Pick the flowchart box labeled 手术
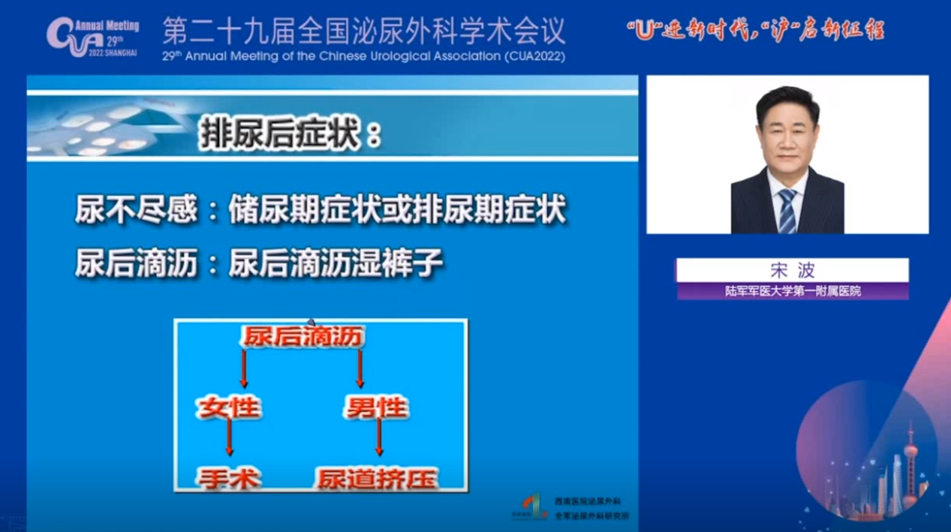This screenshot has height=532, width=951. pyautogui.click(x=229, y=478)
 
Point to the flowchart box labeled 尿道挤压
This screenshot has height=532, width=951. pyautogui.click(x=377, y=478)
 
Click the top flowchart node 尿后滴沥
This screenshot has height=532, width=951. pyautogui.click(x=303, y=337)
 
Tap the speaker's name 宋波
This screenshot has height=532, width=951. pyautogui.click(x=792, y=270)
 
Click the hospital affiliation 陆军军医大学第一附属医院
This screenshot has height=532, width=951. pyautogui.click(x=792, y=291)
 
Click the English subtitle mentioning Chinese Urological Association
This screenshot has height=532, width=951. pyautogui.click(x=364, y=56)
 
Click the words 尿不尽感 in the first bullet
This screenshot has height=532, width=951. pyautogui.click(x=136, y=211)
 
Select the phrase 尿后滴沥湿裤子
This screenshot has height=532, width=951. pyautogui.click(x=336, y=263)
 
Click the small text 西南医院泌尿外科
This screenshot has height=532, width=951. pyautogui.click(x=588, y=500)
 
